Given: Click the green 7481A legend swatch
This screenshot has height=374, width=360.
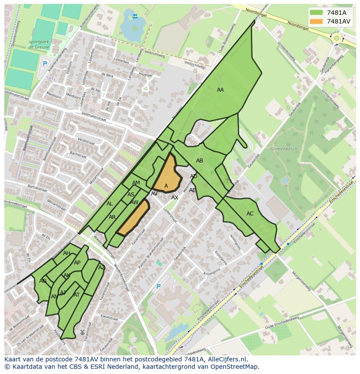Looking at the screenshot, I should (317, 13).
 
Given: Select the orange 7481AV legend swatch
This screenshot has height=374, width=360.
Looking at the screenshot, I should (317, 21).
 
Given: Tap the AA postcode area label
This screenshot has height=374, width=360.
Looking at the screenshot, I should (220, 90).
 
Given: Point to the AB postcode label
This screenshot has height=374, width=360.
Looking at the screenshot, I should (200, 161).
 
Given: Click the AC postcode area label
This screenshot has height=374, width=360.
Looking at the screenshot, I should (250, 214).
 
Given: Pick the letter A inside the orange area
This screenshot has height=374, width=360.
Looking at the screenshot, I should (166, 186).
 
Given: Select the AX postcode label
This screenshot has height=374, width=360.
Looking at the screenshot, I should (175, 198).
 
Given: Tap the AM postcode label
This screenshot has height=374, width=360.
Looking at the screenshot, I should (136, 183).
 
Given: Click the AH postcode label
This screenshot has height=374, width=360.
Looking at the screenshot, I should (67, 253).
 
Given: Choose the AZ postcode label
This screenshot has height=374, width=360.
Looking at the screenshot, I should (102, 268).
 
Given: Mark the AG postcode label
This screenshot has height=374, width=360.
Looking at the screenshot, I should (43, 281).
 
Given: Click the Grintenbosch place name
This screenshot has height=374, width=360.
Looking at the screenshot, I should (284, 149).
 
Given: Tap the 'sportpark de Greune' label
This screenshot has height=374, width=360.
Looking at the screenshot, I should (39, 44).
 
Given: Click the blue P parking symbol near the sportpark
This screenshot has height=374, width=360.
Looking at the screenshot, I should (44, 64).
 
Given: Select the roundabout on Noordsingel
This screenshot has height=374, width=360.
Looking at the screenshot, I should (336, 38).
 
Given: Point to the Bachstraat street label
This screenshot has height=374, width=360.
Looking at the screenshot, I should (78, 154).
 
